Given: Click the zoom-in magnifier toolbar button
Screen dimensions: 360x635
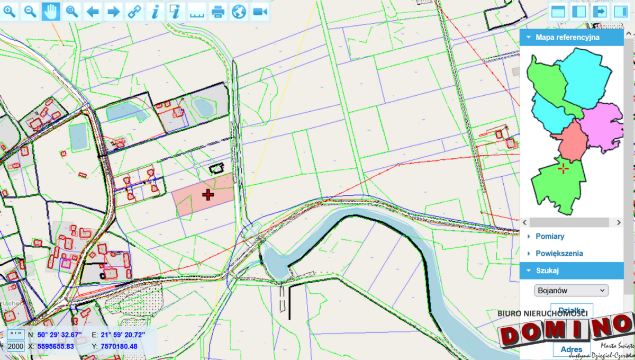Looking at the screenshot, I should (10, 11).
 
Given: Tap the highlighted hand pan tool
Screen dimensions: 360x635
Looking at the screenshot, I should (51, 11).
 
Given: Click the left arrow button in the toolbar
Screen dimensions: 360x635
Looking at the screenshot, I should (93, 11).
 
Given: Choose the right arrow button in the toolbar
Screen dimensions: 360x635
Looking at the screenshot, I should (113, 11).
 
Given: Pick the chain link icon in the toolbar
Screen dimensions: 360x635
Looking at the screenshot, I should (134, 11).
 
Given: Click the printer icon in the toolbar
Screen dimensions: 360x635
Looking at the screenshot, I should (217, 11).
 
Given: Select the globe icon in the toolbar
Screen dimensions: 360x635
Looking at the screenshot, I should (239, 11).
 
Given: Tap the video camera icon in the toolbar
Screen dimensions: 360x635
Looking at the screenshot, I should (259, 11).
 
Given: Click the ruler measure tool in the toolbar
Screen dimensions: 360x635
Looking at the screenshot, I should (197, 11).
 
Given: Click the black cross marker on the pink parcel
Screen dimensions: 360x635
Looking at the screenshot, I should (208, 195).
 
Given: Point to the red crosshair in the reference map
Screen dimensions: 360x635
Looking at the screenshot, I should (564, 169).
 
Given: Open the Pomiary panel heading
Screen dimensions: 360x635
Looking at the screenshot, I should (550, 236).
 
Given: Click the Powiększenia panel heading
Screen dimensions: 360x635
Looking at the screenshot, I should (559, 253).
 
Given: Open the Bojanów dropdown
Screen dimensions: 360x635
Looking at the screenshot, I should (571, 290).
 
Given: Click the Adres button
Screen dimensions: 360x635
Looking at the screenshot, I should (571, 349).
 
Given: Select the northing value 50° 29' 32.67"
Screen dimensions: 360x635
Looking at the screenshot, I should (59, 335).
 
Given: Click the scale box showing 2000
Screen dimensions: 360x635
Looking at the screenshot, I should (16, 346).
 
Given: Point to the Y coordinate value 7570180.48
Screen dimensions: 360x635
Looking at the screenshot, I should (119, 346).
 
